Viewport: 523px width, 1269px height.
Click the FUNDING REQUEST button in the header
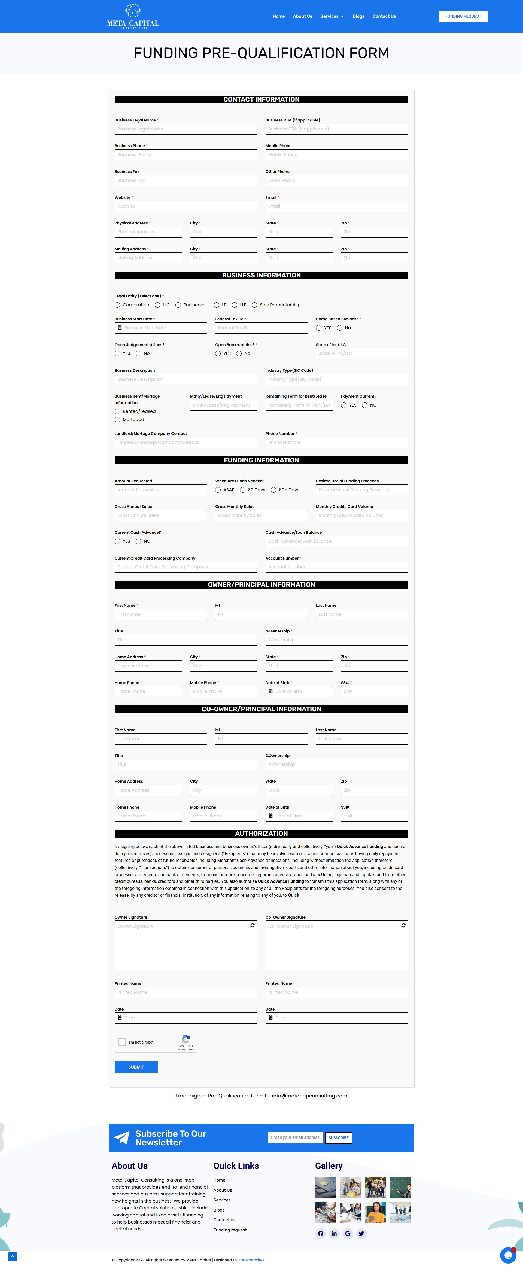tap(463, 16)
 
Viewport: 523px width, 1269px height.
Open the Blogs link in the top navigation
tap(358, 16)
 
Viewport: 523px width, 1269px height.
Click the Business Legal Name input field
tap(186, 129)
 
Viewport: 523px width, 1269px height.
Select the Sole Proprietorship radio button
tap(254, 305)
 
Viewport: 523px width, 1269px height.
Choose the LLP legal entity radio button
tap(235, 305)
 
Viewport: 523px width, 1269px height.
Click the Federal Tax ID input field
tap(261, 328)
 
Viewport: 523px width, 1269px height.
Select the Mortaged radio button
tap(117, 420)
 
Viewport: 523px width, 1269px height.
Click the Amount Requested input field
tap(161, 490)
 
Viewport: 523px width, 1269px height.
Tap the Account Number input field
tap(337, 567)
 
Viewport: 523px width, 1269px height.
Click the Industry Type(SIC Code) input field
tap(337, 379)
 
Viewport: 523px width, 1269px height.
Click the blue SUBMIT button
tap(136, 1067)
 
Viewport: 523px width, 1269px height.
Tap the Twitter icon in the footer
tap(361, 1234)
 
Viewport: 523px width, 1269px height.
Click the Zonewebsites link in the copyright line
tap(251, 1260)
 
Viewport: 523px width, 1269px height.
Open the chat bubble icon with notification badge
tap(508, 1255)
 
